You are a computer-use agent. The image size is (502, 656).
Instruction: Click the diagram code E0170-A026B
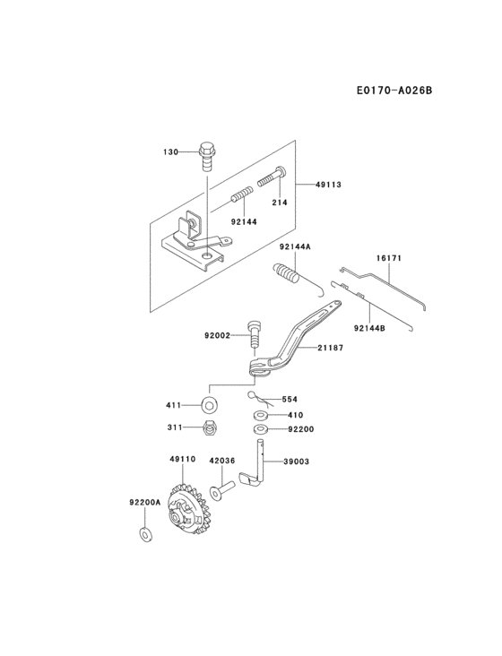click(394, 90)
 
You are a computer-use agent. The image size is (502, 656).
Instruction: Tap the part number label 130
click(170, 152)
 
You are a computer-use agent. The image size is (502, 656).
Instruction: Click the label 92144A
click(293, 246)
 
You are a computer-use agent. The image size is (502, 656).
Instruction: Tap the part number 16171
click(388, 258)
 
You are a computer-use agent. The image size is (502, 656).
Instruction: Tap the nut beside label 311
click(209, 428)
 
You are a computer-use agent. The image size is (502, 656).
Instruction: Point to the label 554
click(290, 400)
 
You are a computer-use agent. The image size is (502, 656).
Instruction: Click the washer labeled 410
click(260, 415)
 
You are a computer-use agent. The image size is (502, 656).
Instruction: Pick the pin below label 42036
click(223, 489)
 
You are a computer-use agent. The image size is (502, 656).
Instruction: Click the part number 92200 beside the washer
click(301, 429)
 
